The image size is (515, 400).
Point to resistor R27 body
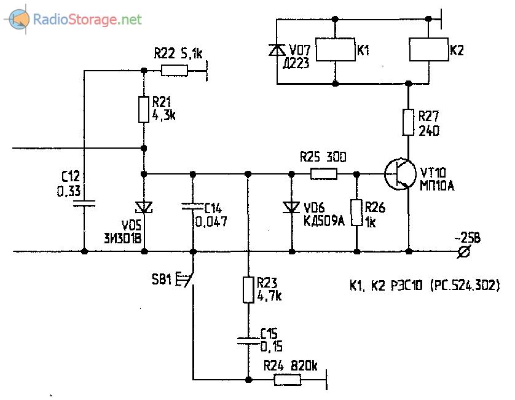pyautogui.click(x=408, y=122)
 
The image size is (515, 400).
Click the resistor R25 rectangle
pyautogui.click(x=323, y=174)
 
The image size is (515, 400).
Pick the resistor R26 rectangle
pyautogui.click(x=356, y=212)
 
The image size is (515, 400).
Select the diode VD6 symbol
pyautogui.click(x=291, y=208)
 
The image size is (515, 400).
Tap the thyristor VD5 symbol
pyautogui.click(x=144, y=208)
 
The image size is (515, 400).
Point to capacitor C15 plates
pyautogui.click(x=247, y=340)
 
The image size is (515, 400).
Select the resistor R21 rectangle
pyautogui.click(x=144, y=109)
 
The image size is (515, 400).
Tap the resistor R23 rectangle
pyautogui.click(x=247, y=289)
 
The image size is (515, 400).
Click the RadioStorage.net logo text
pyautogui.click(x=87, y=20)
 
